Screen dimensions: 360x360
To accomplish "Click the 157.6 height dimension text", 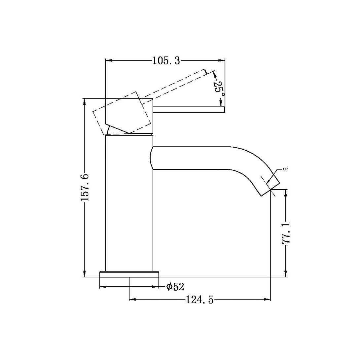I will [x=85, y=188].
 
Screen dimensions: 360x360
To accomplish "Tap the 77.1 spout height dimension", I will [x=286, y=233].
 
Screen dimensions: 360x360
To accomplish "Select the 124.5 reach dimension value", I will [x=200, y=300].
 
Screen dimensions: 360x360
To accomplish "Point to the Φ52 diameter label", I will [x=175, y=287].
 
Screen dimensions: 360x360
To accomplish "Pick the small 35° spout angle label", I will [x=285, y=169].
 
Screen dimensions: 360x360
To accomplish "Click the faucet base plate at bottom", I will [x=129, y=274].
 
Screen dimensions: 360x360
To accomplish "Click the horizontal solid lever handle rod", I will [x=188, y=109].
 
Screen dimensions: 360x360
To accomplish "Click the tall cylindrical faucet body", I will [x=129, y=205].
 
